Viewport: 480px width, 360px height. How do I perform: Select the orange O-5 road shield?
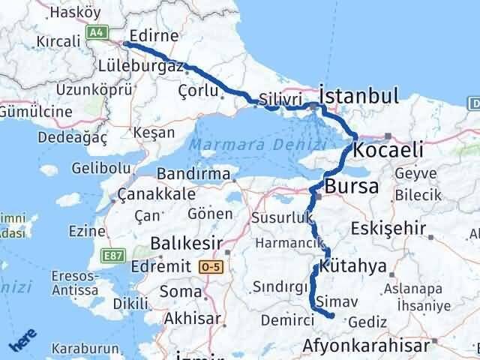click(x=210, y=265)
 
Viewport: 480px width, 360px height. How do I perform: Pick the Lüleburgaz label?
click(x=140, y=66)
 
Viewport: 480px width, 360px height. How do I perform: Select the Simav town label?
click(x=333, y=300)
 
